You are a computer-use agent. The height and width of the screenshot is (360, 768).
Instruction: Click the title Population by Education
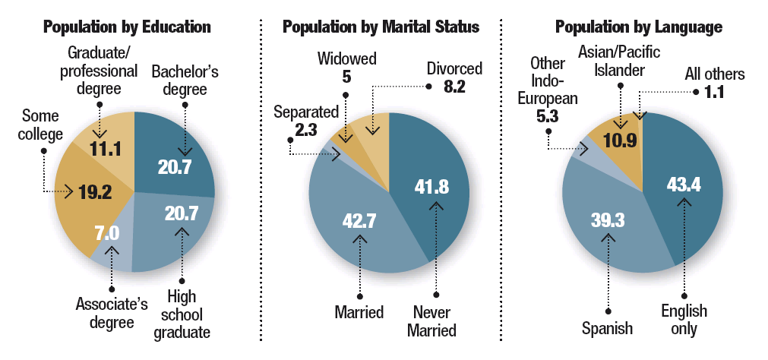127,27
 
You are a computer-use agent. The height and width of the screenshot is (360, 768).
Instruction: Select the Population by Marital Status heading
381,27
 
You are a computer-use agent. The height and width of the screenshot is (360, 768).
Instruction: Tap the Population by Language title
638,27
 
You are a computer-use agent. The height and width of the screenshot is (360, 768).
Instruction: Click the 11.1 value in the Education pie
106,149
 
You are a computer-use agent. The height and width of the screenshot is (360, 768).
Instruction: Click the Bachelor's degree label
185,81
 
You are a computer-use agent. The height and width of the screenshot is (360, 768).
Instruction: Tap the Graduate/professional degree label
103,71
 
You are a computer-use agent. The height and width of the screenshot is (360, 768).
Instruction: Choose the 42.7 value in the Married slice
359,222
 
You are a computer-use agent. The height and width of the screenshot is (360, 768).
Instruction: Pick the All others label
715,74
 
